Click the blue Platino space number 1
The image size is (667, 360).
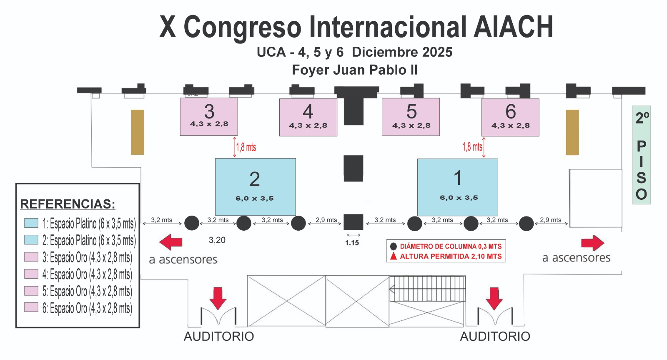tap(457, 187)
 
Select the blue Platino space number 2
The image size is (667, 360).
tap(255, 186)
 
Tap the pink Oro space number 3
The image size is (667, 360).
tap(209, 116)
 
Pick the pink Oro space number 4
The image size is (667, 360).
tap(308, 117)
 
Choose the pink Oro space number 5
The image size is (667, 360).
tap(411, 117)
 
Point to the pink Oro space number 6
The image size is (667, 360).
tap(510, 117)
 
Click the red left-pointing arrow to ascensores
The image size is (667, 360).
tap(171, 242)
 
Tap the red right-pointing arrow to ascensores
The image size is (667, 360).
tap(592, 243)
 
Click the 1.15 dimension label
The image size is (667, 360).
tap(352, 243)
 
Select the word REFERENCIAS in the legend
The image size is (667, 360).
tap(68, 204)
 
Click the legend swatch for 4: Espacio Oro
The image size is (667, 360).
tap(31, 274)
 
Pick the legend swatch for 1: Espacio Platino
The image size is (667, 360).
tap(31, 223)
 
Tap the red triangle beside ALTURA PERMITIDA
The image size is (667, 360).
tap(393, 256)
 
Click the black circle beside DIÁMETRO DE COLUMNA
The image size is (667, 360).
tap(393, 246)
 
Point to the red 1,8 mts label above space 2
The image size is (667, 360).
tap(246, 147)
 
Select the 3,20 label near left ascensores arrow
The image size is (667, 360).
tap(217, 240)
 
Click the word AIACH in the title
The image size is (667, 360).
tap(513, 27)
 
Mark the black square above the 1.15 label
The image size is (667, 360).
tap(353, 222)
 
